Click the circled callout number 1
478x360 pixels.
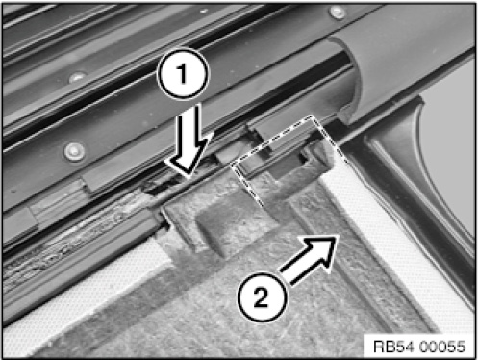point(183,73)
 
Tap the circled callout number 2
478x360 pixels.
point(262,297)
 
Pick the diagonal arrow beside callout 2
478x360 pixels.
point(309,259)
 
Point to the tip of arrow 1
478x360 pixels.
point(189,177)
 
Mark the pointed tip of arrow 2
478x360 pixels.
point(338,237)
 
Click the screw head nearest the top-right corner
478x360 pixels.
point(337,13)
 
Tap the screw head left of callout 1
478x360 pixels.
point(77,78)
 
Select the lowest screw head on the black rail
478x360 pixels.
point(75,151)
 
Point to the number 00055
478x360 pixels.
point(441,347)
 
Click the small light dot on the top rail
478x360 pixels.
point(203,12)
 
